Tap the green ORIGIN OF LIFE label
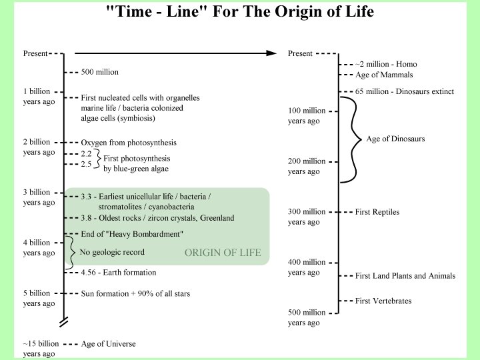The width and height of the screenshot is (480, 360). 223,253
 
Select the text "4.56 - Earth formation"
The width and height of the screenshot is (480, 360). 119,272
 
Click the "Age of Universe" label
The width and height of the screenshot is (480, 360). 108,344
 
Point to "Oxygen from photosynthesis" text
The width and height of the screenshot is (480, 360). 129,143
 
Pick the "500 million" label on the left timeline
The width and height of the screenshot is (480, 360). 99,72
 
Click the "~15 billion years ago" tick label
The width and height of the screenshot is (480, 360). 41,349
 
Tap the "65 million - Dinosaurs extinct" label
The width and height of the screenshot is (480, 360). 405,91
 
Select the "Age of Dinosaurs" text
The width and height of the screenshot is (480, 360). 395,139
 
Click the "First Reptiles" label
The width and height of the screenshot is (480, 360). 377,212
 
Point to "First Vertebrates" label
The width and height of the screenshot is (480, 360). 383,301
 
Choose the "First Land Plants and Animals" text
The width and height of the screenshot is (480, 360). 405,275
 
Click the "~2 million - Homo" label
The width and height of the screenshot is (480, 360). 386,64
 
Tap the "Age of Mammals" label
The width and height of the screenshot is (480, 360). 384,75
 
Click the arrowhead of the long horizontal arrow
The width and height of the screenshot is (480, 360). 272,53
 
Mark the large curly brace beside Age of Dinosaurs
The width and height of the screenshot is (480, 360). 352,139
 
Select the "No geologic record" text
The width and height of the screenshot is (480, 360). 112,252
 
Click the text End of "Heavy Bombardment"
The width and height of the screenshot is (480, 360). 131,234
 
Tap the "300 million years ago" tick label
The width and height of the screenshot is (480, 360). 307,217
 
